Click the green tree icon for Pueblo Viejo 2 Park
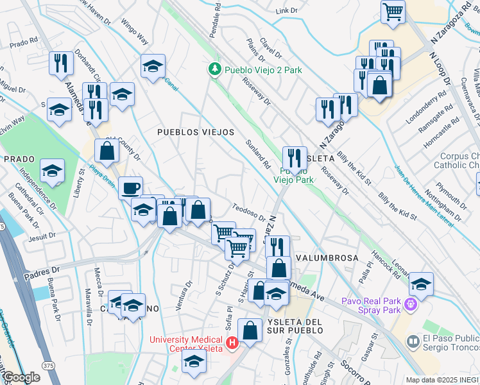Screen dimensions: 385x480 [214, 69]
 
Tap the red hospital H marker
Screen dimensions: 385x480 [232, 344]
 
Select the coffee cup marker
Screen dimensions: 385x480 [130, 188]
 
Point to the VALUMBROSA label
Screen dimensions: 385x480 [327, 257]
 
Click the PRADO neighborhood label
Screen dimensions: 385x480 [19, 158]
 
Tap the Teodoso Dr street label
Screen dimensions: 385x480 [248, 212]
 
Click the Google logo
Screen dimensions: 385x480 [21, 377]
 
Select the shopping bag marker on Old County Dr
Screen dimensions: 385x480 [107, 151]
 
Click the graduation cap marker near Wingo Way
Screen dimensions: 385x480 [153, 66]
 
